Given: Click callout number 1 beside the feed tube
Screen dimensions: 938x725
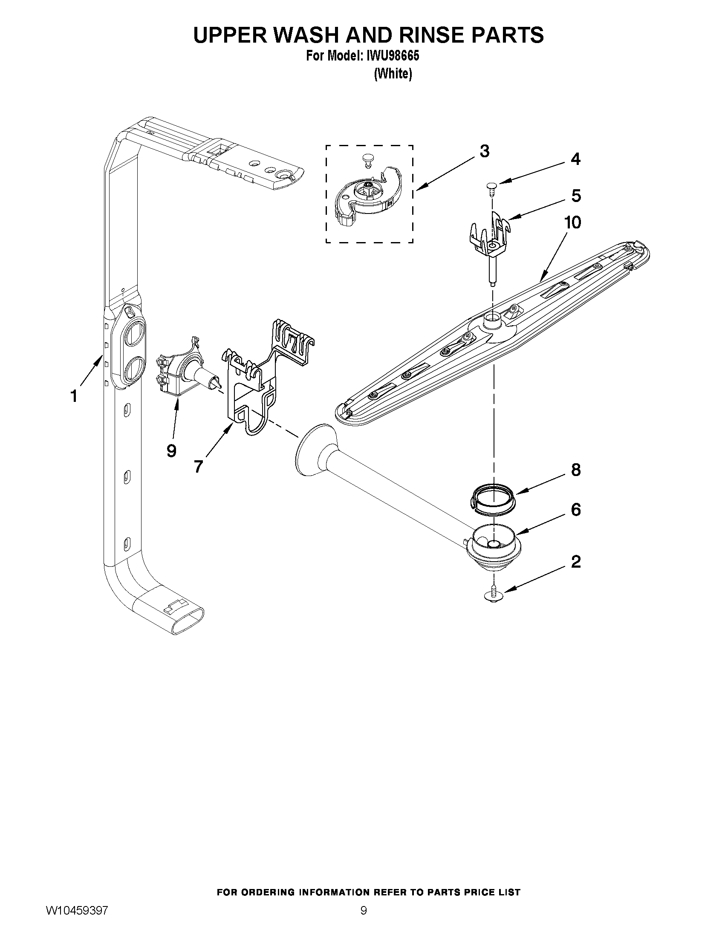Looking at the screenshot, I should tap(74, 395).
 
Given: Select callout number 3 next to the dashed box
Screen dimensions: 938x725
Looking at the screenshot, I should tap(485, 151).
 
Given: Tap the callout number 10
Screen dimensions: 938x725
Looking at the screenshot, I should tap(572, 222).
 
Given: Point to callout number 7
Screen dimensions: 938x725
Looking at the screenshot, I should tap(198, 466).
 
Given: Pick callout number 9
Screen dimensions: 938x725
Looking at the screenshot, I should tap(171, 450).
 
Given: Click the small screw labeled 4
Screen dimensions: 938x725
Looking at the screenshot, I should tap(491, 186).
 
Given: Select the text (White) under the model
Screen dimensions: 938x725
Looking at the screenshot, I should tap(393, 74).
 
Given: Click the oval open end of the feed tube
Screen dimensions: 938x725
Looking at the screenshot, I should tap(188, 622).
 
